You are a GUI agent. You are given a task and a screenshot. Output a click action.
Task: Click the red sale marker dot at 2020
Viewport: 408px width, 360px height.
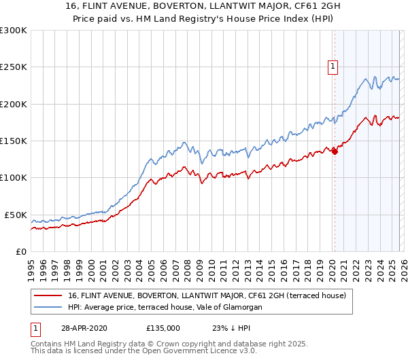[335, 151]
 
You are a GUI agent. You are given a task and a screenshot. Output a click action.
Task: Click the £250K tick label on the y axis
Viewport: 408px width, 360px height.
[14, 67]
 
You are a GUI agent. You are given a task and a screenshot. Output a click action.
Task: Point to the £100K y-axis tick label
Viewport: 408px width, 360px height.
[14, 177]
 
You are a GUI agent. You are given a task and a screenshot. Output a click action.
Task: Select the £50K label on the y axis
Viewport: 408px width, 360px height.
[16, 215]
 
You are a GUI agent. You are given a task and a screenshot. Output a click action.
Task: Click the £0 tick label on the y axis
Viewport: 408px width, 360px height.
[20, 251]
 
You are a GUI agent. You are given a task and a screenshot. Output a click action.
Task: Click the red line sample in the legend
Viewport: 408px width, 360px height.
[49, 295]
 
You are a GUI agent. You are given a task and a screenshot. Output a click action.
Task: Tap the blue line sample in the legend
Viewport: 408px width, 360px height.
[49, 307]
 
